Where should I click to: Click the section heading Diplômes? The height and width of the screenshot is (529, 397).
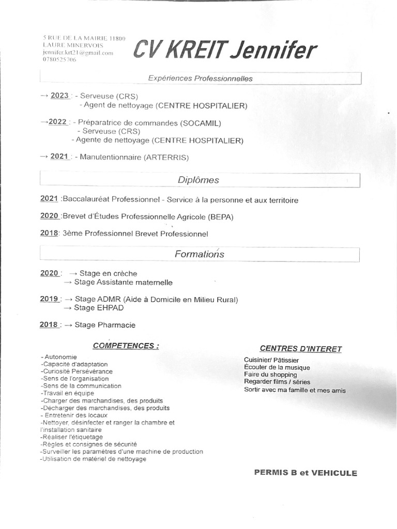[198, 180]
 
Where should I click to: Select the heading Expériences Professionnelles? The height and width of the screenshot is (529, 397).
[200, 79]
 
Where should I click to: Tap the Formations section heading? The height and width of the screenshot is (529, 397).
[200, 254]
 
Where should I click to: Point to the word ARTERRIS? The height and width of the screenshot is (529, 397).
[167, 157]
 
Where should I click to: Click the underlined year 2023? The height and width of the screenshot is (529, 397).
[59, 96]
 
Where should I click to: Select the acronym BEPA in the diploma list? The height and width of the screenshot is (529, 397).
[220, 217]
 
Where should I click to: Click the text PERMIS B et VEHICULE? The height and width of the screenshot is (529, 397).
[306, 473]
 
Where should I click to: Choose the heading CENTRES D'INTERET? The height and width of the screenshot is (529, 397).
[300, 349]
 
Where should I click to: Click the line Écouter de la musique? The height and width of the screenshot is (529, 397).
[277, 367]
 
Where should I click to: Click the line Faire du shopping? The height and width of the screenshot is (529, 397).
[270, 375]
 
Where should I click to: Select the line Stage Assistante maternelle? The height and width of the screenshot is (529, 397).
[123, 282]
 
